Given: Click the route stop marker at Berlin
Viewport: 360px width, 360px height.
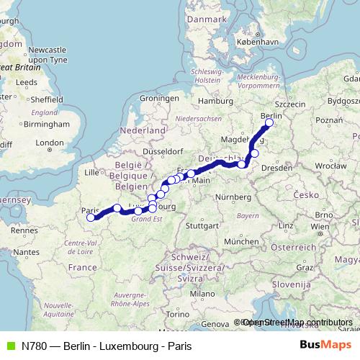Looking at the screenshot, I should (x=269, y=123).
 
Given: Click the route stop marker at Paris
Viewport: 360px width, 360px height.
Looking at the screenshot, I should (x=90, y=217).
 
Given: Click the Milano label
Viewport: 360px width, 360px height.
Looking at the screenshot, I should (x=202, y=294).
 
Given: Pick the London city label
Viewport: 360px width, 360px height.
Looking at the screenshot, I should (x=50, y=143).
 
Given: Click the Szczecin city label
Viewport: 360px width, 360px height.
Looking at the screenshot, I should (x=291, y=104).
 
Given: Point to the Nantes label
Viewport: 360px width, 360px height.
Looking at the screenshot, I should (x=26, y=252).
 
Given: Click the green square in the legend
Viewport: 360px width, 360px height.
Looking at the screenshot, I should (x=9, y=346).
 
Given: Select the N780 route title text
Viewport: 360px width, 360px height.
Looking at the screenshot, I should (x=107, y=346).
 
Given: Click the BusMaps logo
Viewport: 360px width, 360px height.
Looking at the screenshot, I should (x=325, y=346).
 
